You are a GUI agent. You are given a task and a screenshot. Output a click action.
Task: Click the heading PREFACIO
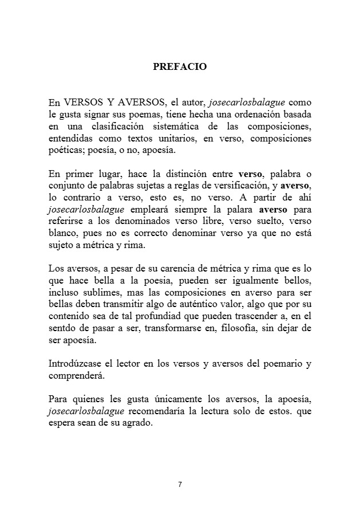click(x=180, y=66)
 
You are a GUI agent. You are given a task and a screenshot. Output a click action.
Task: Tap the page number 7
click(x=180, y=485)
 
